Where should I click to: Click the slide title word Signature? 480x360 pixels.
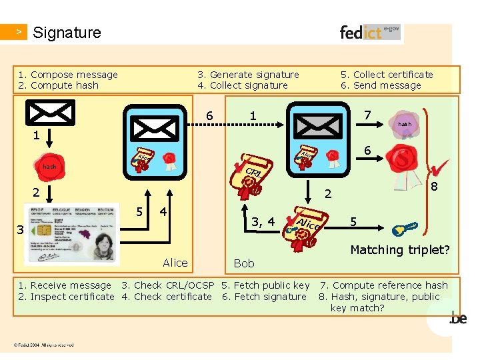coord(67,32)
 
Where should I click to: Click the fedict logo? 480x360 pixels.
coord(369,32)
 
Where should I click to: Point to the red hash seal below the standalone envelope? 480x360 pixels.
coord(49,166)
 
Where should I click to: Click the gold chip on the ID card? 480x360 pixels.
coord(41,230)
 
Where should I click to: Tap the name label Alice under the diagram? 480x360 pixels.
coord(175,263)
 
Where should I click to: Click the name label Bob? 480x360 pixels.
coord(245,264)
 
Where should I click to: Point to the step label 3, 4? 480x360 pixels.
coord(263,221)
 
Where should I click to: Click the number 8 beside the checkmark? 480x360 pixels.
coord(434,187)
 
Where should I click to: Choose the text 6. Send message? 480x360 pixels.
coord(381,85)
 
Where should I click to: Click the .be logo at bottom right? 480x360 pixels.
coord(458,319)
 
